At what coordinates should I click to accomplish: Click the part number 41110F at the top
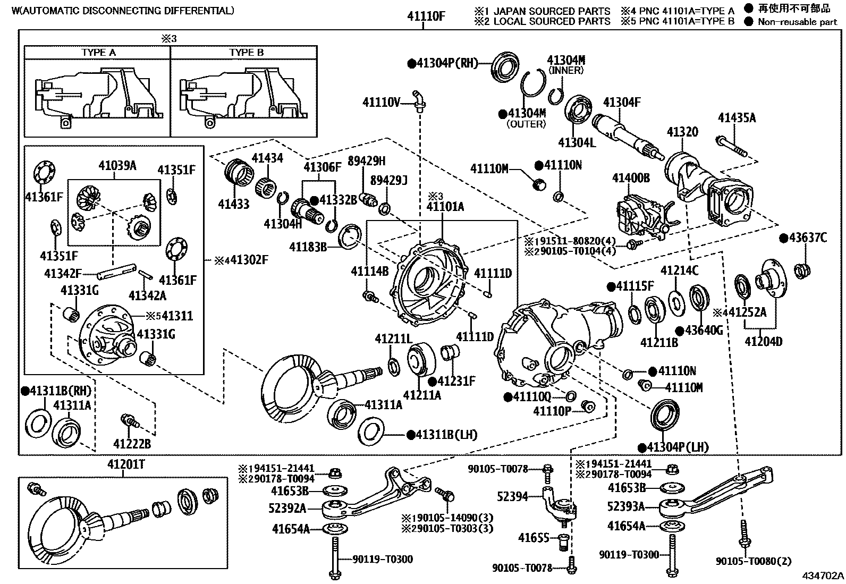tap(426, 16)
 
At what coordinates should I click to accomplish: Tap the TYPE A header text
tap(98, 53)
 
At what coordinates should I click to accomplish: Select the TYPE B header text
tap(246, 53)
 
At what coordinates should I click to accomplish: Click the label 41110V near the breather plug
tap(380, 102)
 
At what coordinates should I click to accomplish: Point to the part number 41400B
tap(631, 178)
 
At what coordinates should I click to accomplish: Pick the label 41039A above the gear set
tap(117, 165)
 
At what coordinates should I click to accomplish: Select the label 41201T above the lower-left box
tap(126, 464)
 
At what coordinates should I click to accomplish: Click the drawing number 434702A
tap(823, 575)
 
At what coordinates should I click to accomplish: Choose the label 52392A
tap(288, 509)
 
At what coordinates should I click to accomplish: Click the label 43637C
tap(808, 238)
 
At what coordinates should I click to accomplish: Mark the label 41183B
tap(308, 247)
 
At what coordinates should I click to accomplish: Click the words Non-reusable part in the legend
tap(797, 22)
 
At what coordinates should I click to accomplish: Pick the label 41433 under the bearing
tap(233, 204)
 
